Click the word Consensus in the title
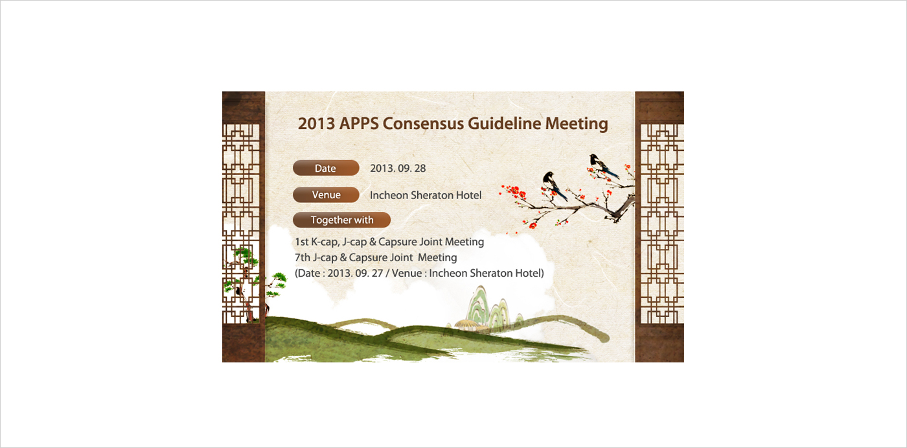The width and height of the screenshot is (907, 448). [422, 124]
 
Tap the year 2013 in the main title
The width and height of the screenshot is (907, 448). [316, 124]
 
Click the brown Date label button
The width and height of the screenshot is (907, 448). [326, 168]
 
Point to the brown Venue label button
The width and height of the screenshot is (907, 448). [326, 195]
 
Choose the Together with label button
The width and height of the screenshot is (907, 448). [342, 220]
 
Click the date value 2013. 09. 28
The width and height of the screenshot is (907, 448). [398, 169]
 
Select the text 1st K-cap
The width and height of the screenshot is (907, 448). [317, 242]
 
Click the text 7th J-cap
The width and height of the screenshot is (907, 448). [316, 257]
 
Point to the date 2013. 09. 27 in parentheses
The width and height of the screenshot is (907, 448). [355, 274]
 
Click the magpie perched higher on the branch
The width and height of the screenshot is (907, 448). [603, 166]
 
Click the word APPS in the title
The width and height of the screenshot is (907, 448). [359, 124]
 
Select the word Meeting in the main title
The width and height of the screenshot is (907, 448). [577, 124]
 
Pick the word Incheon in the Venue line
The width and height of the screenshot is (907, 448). [389, 195]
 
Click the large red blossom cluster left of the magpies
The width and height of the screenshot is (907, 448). [513, 193]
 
